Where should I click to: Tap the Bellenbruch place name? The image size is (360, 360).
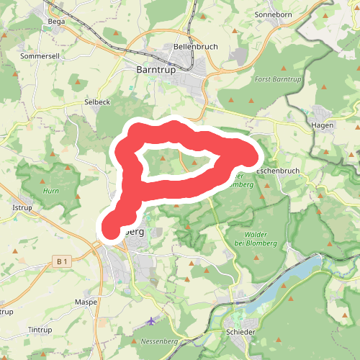click(x=191, y=47)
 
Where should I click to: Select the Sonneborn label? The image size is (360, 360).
click(x=273, y=14)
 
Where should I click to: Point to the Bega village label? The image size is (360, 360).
click(x=55, y=22)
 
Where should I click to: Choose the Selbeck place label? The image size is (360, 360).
click(x=97, y=102)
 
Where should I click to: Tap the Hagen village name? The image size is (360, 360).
click(x=322, y=125)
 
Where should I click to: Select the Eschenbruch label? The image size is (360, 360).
click(x=277, y=171)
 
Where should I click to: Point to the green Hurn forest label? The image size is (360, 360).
click(x=50, y=191)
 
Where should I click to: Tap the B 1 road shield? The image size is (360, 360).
click(x=63, y=261)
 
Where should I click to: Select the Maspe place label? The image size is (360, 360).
click(x=86, y=302)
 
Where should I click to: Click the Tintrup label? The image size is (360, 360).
click(x=40, y=330)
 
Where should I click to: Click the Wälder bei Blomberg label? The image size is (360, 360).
click(x=251, y=238)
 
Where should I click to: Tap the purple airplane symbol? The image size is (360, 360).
click(x=150, y=320)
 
